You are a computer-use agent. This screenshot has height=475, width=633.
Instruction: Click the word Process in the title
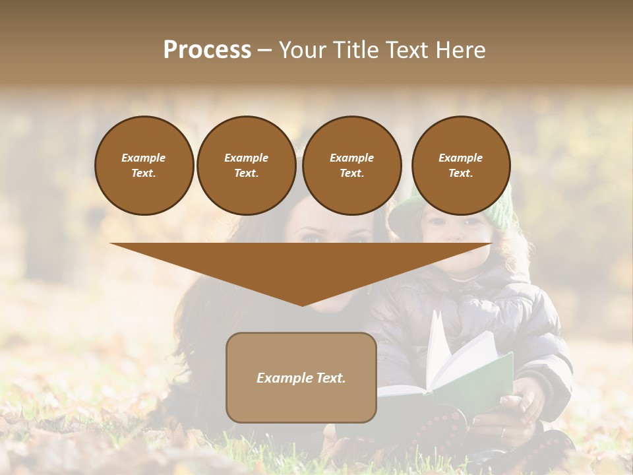click(x=207, y=50)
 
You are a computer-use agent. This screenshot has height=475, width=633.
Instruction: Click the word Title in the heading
click(x=353, y=50)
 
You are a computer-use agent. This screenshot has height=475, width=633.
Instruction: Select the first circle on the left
click(x=144, y=165)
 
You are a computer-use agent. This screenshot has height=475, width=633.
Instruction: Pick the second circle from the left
click(x=246, y=165)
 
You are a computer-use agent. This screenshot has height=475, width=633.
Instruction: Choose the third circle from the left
click(x=351, y=165)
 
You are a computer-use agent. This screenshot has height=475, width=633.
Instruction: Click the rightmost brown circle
click(x=460, y=165)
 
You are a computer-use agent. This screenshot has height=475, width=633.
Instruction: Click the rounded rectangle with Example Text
click(x=301, y=377)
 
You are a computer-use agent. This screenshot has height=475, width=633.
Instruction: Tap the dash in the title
click(x=264, y=50)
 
